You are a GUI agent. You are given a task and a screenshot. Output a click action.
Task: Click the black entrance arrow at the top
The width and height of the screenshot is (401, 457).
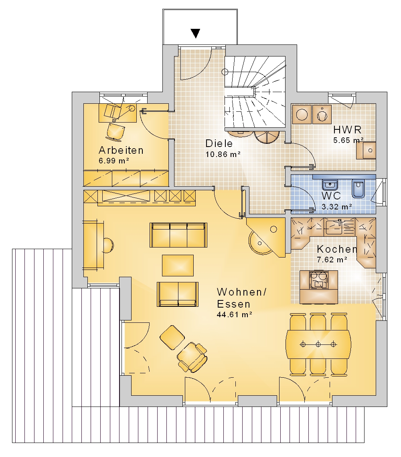click(x=195, y=33)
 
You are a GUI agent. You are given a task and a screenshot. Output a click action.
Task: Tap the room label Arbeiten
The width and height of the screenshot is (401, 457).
click(x=121, y=150)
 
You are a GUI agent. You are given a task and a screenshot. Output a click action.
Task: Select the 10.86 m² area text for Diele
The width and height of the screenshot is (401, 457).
click(x=223, y=154)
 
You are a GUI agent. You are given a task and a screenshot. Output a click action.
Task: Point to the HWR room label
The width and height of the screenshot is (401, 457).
click(x=347, y=130)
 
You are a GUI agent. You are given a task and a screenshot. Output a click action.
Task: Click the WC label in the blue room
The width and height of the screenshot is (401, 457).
click(x=331, y=195)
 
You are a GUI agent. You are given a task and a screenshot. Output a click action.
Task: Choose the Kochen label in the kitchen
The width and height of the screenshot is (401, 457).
click(x=337, y=249)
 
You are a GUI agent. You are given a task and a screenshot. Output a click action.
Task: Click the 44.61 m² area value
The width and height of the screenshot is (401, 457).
click(x=234, y=315)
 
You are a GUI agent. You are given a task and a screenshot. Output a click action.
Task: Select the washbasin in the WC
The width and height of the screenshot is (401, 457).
click(x=330, y=185)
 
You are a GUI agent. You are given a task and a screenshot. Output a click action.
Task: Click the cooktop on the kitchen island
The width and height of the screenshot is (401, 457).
click(x=319, y=280)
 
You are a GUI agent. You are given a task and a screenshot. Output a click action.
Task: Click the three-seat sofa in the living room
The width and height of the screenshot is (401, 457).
click(x=178, y=235)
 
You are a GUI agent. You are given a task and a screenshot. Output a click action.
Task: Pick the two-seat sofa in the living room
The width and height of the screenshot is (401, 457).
click(x=178, y=294)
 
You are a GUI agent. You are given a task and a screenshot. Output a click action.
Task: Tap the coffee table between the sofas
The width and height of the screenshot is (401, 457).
click(x=178, y=265)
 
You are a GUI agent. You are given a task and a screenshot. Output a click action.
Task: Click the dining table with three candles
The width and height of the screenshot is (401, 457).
click(x=318, y=344)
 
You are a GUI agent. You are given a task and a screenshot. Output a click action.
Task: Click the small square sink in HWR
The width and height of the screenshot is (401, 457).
click(x=366, y=150)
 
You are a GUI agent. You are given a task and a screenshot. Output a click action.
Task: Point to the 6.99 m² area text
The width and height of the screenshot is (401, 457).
click(x=114, y=161)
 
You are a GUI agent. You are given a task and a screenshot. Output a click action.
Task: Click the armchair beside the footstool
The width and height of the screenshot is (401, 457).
click(x=192, y=357)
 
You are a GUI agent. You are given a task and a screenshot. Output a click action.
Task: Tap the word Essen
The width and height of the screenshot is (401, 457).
click(x=234, y=304)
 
